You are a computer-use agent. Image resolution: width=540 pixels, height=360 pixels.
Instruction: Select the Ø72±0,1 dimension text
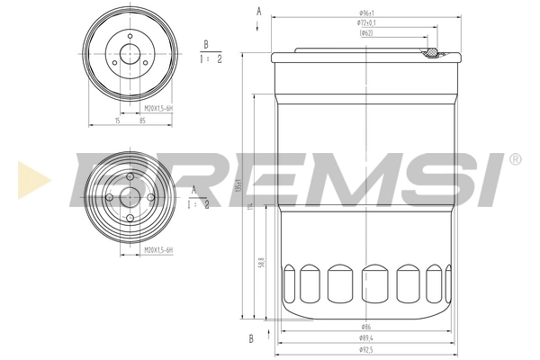[x=364, y=22]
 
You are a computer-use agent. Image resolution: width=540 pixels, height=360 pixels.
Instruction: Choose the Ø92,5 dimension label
[x=365, y=348]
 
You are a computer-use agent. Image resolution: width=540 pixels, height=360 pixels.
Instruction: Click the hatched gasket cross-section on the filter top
[x=433, y=54]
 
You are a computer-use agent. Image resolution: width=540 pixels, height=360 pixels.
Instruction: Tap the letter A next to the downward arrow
[x=258, y=10]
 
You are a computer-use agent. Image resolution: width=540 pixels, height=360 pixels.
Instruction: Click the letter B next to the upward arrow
[x=251, y=337]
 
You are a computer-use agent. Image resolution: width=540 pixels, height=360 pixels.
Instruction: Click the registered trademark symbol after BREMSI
[x=515, y=159]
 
